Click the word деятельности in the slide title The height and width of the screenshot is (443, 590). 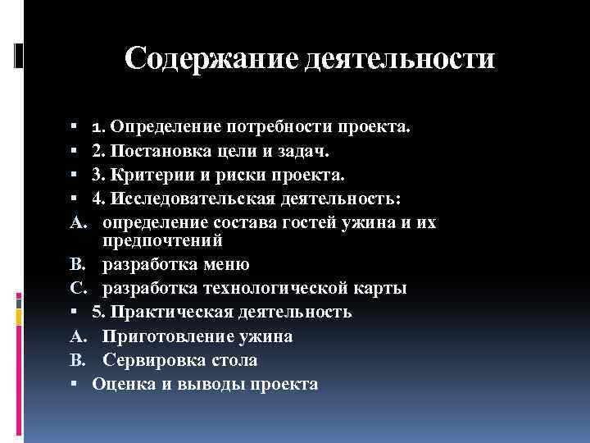(x=400, y=59)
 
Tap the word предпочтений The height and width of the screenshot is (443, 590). (x=164, y=240)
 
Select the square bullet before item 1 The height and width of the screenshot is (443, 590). (x=74, y=128)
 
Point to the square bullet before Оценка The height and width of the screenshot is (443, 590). (x=74, y=384)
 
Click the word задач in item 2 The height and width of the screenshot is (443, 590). (x=307, y=151)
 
